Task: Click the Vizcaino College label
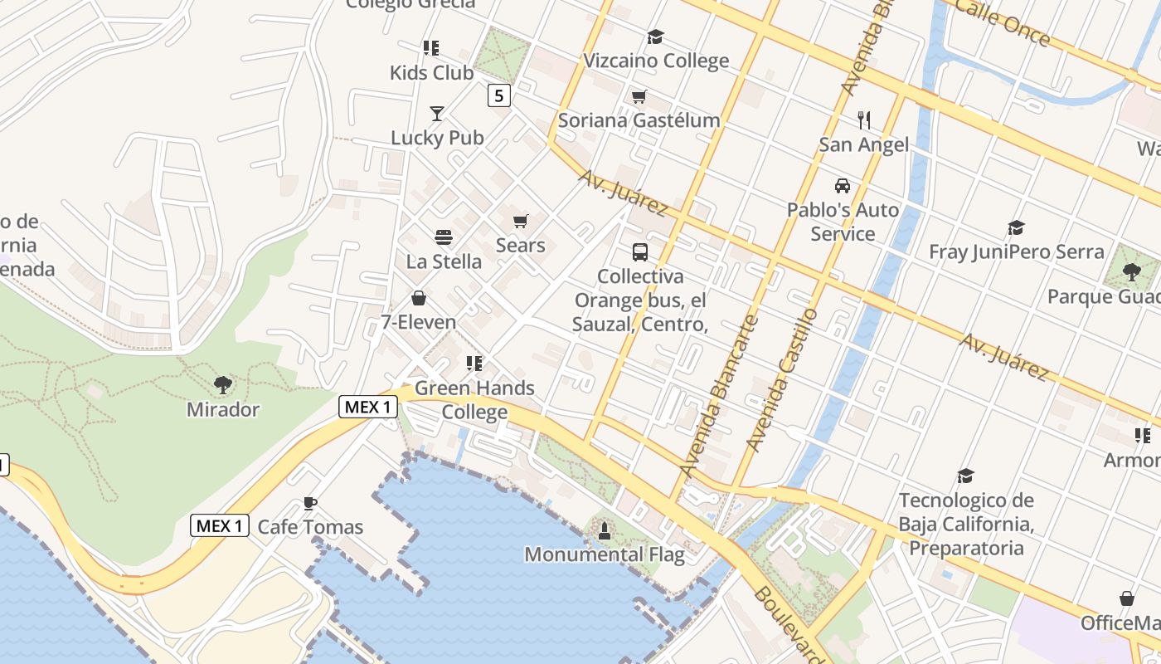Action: (x=656, y=61)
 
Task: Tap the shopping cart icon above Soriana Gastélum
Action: (x=639, y=97)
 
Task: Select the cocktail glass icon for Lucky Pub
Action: (x=437, y=114)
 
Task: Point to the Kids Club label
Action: (x=431, y=73)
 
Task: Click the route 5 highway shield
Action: (x=498, y=95)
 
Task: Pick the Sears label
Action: (x=520, y=245)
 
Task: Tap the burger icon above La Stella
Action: (x=444, y=237)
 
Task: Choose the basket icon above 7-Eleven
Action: (x=419, y=299)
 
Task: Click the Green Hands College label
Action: (x=474, y=399)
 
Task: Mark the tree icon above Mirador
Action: (x=222, y=384)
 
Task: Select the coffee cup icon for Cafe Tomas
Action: (x=310, y=503)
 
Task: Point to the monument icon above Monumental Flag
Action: (x=605, y=530)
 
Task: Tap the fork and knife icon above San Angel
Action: (x=864, y=120)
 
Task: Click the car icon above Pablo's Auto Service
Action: (x=843, y=186)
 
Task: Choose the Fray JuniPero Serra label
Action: (x=1016, y=251)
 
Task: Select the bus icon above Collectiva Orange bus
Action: (x=639, y=251)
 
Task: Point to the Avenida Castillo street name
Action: (x=782, y=379)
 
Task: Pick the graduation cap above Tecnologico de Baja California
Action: (x=965, y=476)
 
